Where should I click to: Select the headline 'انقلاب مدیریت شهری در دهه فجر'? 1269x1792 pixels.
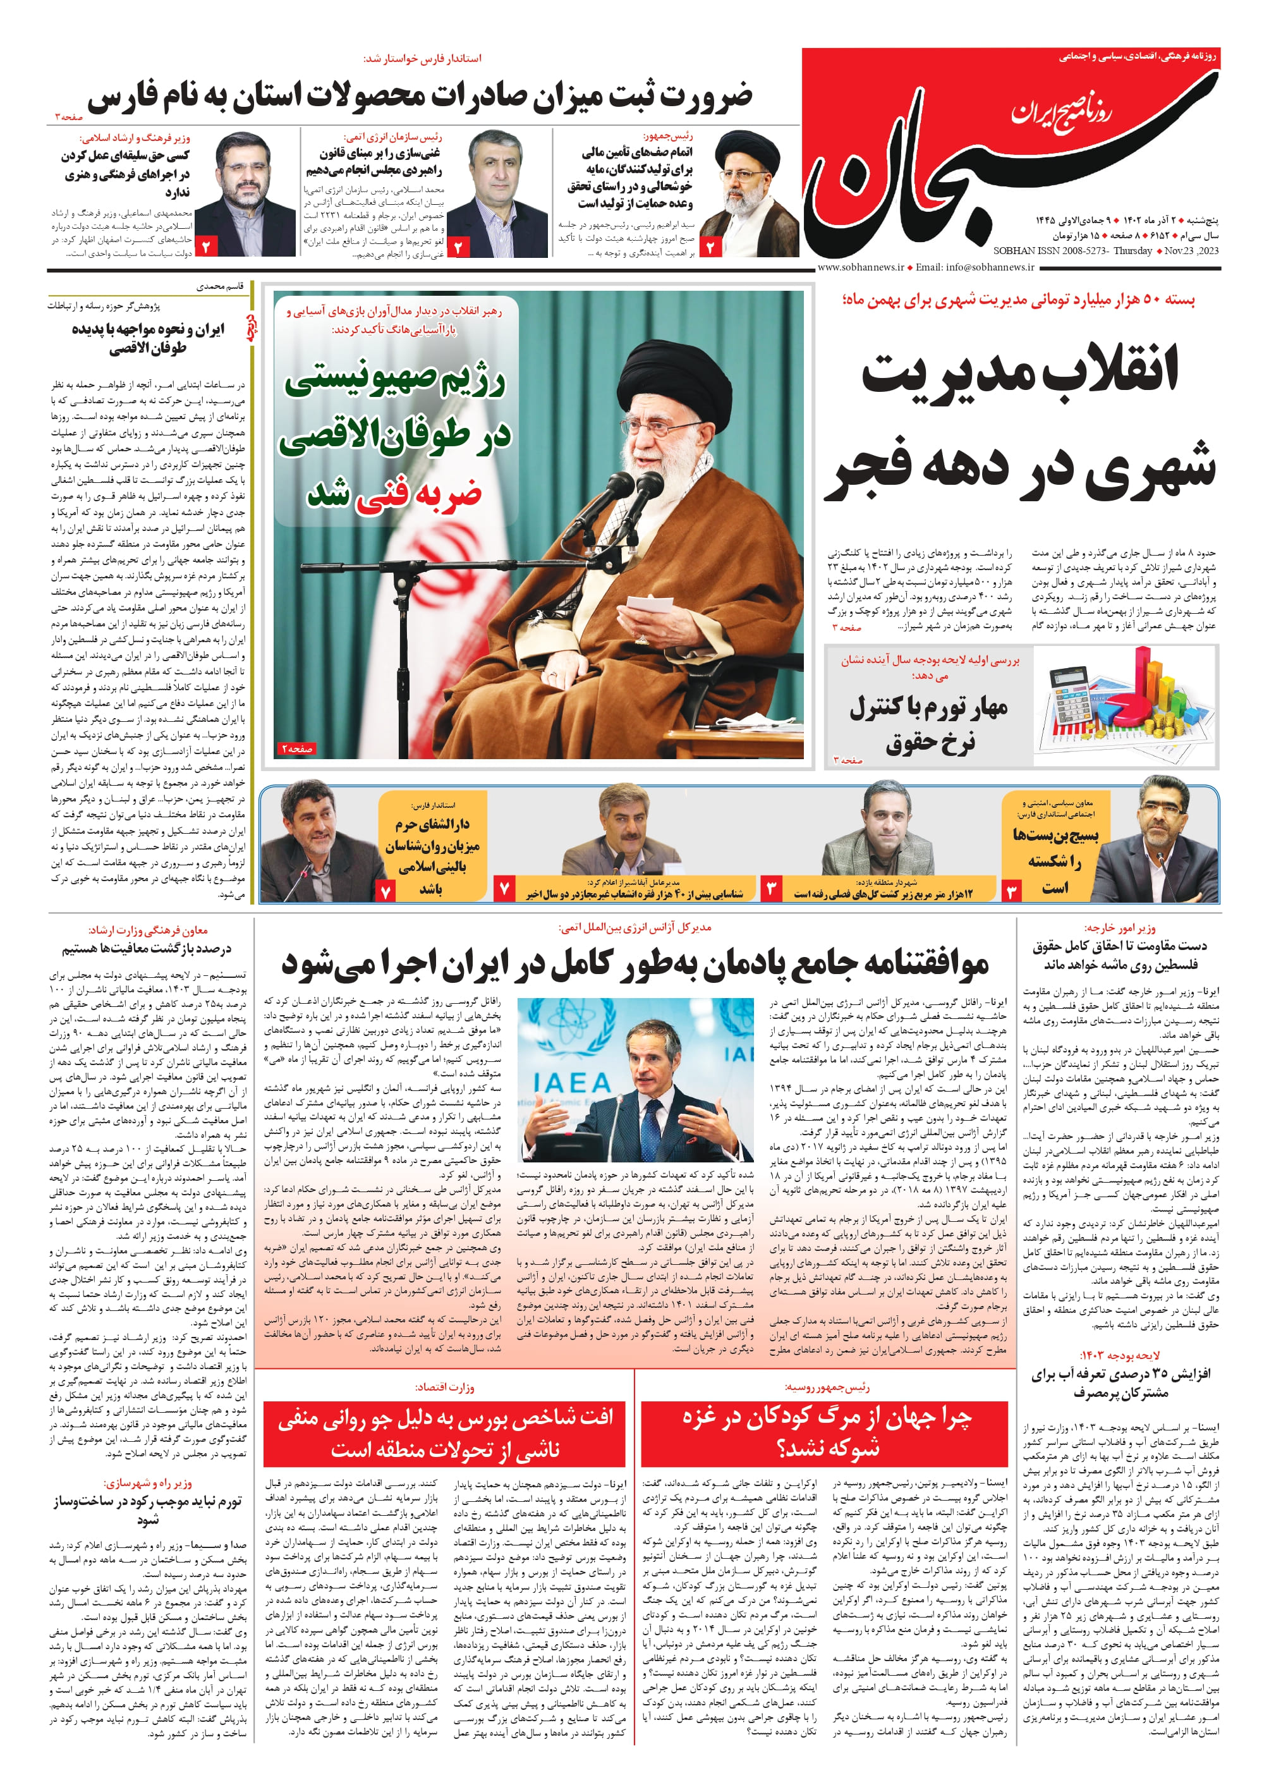coord(1021,422)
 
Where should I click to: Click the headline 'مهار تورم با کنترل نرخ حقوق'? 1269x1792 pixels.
coord(929,723)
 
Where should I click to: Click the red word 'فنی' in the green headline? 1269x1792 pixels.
coord(381,494)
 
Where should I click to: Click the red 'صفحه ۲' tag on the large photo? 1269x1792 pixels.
coord(297,748)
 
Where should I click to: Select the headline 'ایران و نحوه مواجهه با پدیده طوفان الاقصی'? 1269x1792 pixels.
coord(149,338)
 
